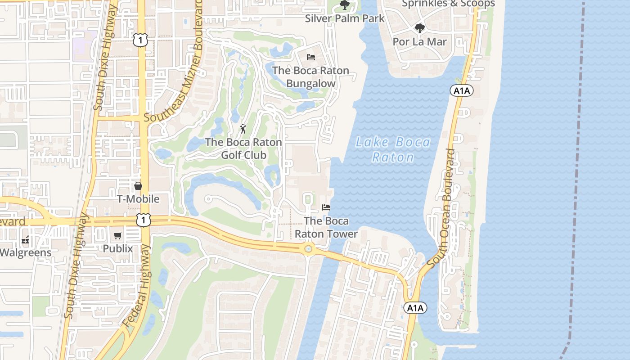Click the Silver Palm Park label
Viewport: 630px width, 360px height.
click(x=345, y=18)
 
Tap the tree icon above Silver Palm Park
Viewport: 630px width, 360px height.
click(x=345, y=5)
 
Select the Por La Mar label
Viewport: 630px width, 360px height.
click(x=419, y=42)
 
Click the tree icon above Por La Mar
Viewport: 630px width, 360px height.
click(x=419, y=29)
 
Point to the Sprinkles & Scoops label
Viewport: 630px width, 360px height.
click(x=448, y=4)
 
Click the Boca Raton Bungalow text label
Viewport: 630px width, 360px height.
click(x=310, y=77)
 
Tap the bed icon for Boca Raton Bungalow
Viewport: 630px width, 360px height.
click(x=310, y=57)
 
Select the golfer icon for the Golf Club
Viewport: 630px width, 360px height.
click(x=243, y=129)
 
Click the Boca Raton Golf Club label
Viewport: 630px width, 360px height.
click(x=243, y=148)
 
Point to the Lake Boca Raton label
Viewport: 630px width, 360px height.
click(x=393, y=150)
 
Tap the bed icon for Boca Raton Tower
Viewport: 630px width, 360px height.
click(x=326, y=207)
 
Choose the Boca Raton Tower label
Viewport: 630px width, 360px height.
click(x=326, y=227)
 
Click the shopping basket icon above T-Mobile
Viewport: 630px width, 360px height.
click(x=138, y=186)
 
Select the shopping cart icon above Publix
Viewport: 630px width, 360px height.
click(x=118, y=235)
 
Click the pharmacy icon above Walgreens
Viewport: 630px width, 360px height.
click(x=25, y=239)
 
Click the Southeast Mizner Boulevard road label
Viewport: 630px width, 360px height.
click(x=173, y=61)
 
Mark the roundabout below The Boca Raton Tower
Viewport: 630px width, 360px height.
click(x=308, y=249)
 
